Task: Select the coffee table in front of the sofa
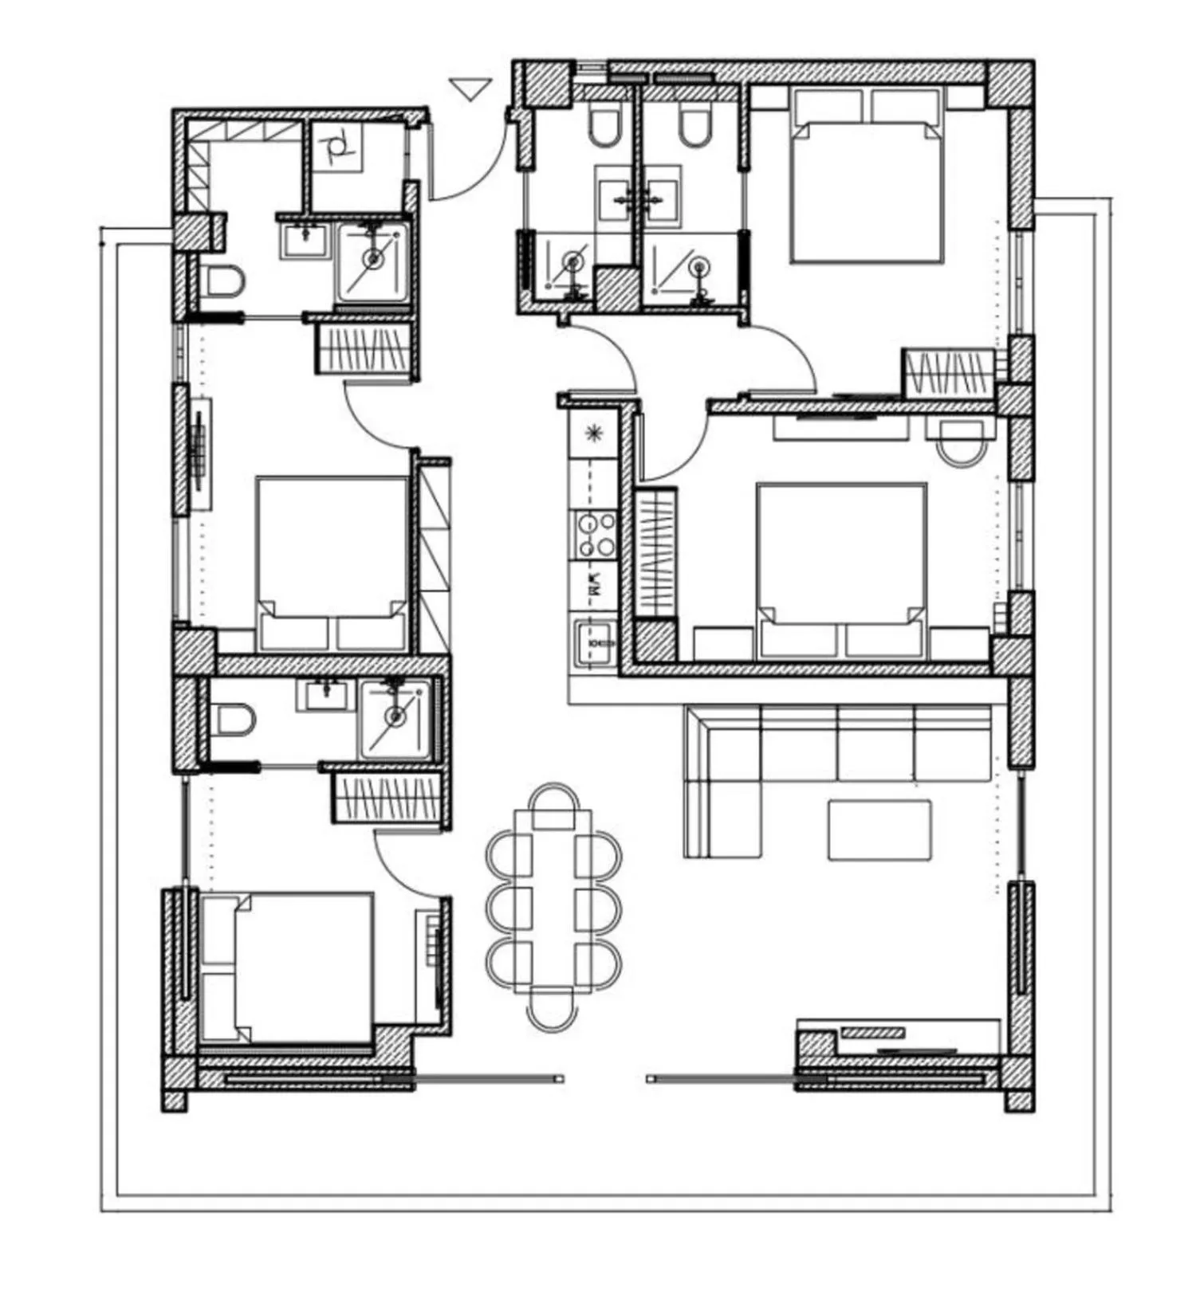(879, 830)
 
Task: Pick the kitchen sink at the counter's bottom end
(595, 641)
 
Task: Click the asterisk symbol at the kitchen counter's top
(593, 433)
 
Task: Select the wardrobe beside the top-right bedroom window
(949, 373)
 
